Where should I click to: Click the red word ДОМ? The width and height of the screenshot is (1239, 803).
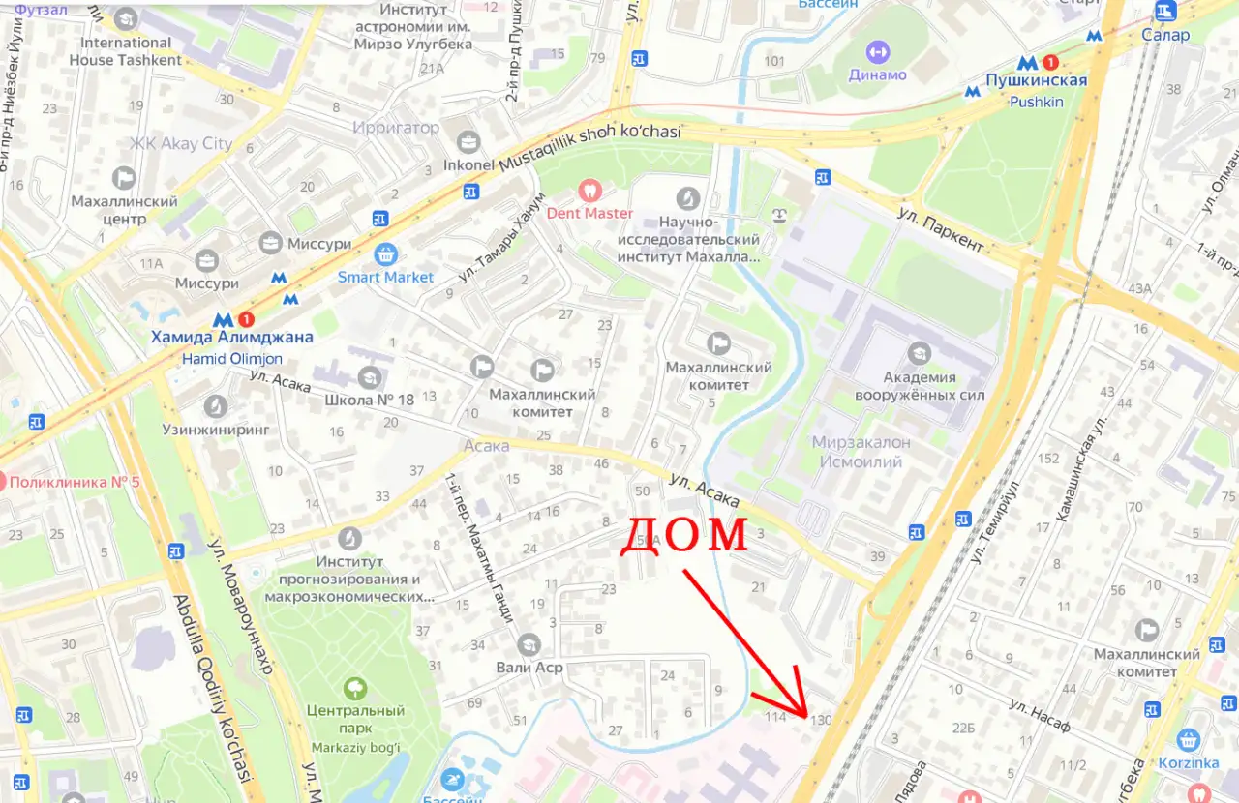(x=683, y=534)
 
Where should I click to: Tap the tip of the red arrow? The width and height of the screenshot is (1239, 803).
(x=806, y=716)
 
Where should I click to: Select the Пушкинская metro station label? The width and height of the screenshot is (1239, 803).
(x=1036, y=81)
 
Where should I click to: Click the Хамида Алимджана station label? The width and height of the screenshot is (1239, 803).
(x=231, y=338)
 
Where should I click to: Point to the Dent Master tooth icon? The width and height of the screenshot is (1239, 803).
(x=589, y=192)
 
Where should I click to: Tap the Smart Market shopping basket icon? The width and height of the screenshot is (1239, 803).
(x=386, y=255)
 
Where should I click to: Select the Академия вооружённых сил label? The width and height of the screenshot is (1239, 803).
(x=919, y=386)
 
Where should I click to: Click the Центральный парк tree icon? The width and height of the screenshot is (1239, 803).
(x=355, y=689)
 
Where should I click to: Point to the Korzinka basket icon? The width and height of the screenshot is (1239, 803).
(x=1188, y=740)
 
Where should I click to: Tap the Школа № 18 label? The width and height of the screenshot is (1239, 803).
(x=369, y=401)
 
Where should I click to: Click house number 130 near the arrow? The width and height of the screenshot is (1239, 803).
(x=821, y=720)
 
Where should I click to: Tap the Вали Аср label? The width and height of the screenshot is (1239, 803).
(x=529, y=668)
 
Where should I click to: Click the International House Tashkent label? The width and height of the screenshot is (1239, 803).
(x=125, y=51)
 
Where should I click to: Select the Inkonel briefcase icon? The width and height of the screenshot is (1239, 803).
(x=468, y=142)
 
